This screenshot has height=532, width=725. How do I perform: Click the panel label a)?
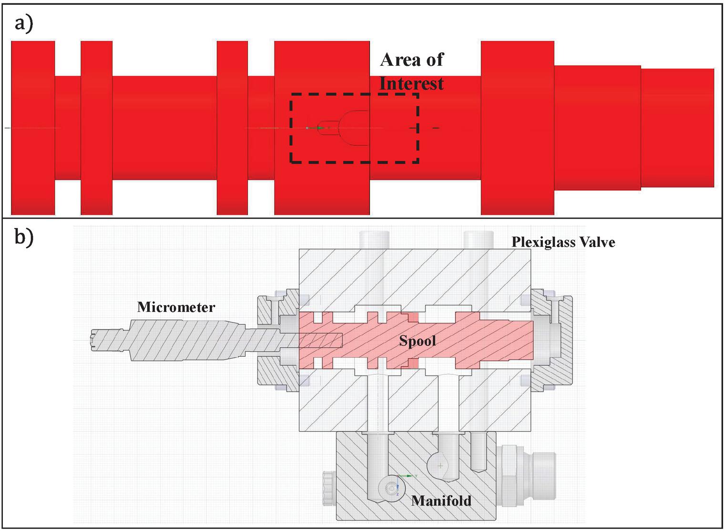click(x=23, y=23)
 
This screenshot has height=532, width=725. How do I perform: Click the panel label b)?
click(x=24, y=236)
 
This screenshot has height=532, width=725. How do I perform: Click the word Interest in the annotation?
click(x=411, y=84)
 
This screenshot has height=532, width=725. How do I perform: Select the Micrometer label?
click(x=176, y=307)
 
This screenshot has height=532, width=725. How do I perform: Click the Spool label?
click(x=417, y=341)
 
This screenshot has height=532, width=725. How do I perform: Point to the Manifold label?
click(x=441, y=501)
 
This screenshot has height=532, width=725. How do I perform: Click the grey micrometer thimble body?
click(x=186, y=340)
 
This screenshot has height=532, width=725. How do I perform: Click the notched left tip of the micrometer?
click(x=95, y=341)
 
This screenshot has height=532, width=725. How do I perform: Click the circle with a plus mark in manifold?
click(x=440, y=465)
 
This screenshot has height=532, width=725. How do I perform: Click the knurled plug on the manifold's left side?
click(x=327, y=488)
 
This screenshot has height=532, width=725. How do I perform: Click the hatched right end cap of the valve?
click(x=553, y=341)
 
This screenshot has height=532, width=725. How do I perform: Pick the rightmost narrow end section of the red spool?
click(x=677, y=128)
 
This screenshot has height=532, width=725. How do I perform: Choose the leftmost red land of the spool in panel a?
click(x=33, y=128)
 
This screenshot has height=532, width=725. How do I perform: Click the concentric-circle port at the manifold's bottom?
click(x=392, y=488)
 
